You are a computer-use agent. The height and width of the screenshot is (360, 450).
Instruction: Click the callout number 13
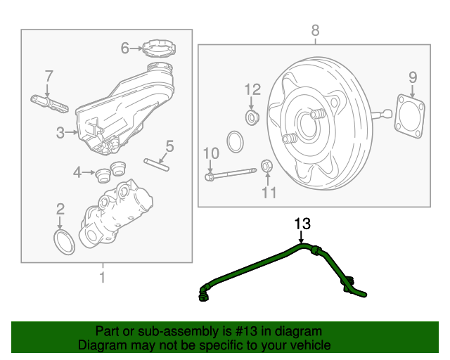click(x=302, y=224)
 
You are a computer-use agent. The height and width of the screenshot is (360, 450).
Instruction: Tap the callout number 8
click(x=315, y=30)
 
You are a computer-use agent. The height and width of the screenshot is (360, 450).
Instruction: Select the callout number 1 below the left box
click(x=103, y=277)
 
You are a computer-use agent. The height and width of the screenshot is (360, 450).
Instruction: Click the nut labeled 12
click(x=252, y=115)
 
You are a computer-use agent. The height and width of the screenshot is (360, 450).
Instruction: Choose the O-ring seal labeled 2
click(x=64, y=240)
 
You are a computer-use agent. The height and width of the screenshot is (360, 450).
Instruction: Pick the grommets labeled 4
click(x=106, y=171)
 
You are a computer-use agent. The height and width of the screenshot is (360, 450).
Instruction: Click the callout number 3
click(x=60, y=131)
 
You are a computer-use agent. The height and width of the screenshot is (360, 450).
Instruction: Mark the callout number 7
click(x=49, y=75)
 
